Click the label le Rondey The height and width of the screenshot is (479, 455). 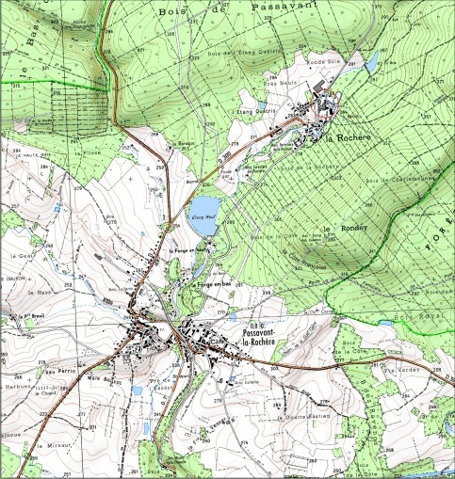click(342, 229)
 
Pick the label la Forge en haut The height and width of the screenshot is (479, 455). click(187, 251)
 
